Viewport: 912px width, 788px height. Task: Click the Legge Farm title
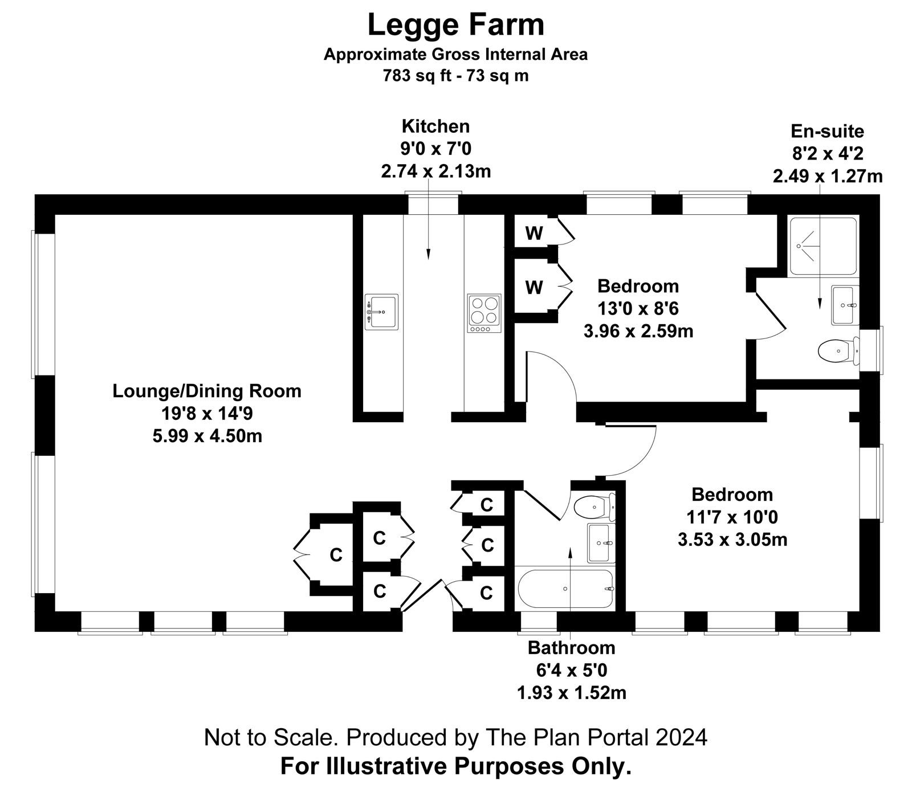456,26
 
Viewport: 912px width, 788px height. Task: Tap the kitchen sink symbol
381,312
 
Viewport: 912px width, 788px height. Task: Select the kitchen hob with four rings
484,313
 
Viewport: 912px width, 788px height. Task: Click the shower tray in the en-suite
823,246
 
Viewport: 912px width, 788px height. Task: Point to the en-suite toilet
838,350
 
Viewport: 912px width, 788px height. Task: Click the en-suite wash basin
844,305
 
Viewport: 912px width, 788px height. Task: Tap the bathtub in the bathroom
565,588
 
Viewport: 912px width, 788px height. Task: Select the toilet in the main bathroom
595,505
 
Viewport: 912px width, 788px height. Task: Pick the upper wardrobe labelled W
534,234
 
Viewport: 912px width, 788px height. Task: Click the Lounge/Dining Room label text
207,391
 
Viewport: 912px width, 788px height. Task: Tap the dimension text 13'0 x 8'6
638,308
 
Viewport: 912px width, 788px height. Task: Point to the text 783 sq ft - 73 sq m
456,75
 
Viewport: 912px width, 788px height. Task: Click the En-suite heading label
827,132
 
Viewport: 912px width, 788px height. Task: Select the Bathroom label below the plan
571,648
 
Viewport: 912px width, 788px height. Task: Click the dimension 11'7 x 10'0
732,517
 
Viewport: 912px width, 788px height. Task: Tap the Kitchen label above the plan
435,126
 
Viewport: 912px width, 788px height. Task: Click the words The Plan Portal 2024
596,737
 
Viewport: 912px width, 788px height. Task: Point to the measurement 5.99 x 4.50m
207,436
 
